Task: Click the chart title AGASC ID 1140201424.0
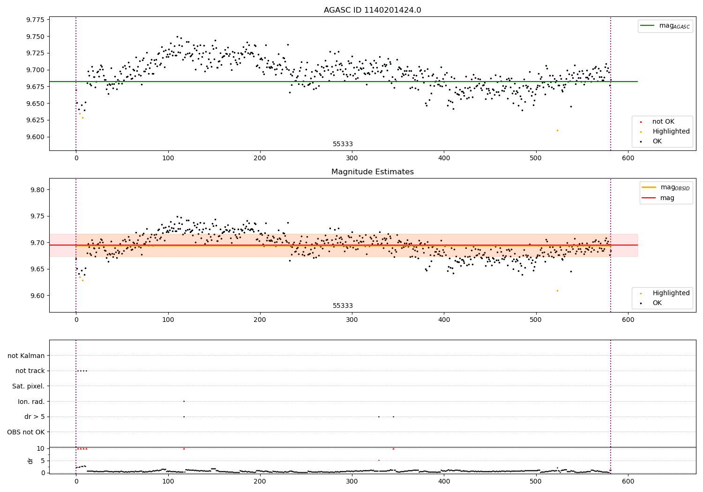coord(372,10)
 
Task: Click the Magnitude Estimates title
coord(372,172)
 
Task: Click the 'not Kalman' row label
coord(26,356)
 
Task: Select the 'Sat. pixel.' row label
coord(29,386)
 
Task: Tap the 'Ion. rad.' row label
coord(31,402)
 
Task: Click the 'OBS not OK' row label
coord(26,432)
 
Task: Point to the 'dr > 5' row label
coord(35,417)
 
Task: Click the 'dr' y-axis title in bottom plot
coord(30,461)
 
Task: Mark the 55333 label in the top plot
coord(343,144)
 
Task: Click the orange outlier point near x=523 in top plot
coord(557,130)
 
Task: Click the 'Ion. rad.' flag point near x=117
coord(184,401)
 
